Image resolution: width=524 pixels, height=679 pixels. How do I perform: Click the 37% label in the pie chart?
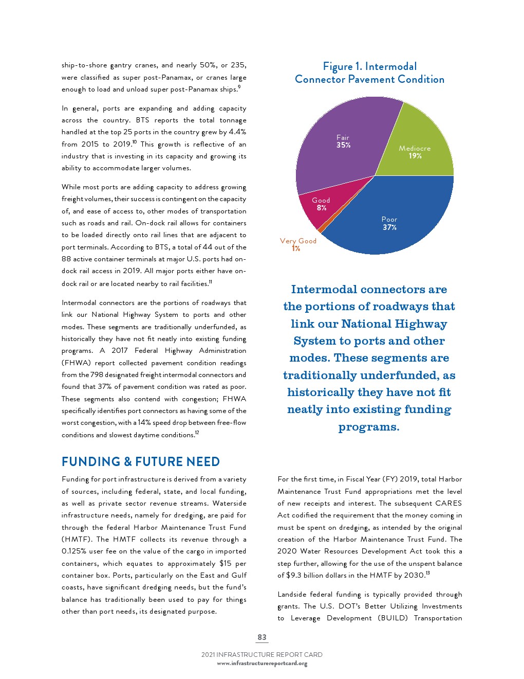(389, 227)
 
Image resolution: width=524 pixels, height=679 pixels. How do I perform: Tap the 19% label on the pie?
(415, 156)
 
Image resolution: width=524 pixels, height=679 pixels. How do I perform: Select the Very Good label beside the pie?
(298, 241)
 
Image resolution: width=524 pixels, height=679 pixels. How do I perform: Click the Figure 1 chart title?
(369, 73)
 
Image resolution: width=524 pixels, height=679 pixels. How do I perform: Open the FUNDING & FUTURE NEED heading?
(140, 461)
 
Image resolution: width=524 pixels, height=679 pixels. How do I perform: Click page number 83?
(262, 637)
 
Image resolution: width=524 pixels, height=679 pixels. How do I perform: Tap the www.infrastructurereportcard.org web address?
(262, 663)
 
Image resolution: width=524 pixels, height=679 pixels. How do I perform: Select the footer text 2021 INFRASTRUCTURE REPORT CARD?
(262, 655)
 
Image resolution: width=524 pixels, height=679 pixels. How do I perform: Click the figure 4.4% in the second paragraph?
(237, 132)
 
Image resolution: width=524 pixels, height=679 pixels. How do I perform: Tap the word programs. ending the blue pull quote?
(369, 427)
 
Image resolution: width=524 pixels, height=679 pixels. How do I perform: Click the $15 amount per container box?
(226, 563)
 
